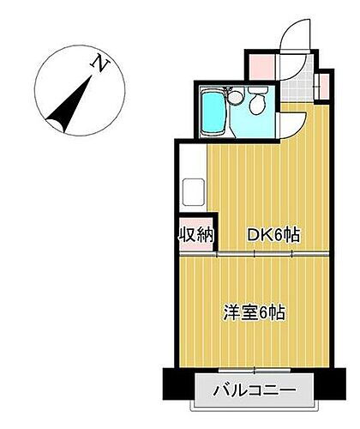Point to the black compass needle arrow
click(x=69, y=103)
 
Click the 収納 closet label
click(x=196, y=234)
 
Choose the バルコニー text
click(x=255, y=391)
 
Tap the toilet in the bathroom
click(x=258, y=106)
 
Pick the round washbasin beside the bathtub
click(x=232, y=98)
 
